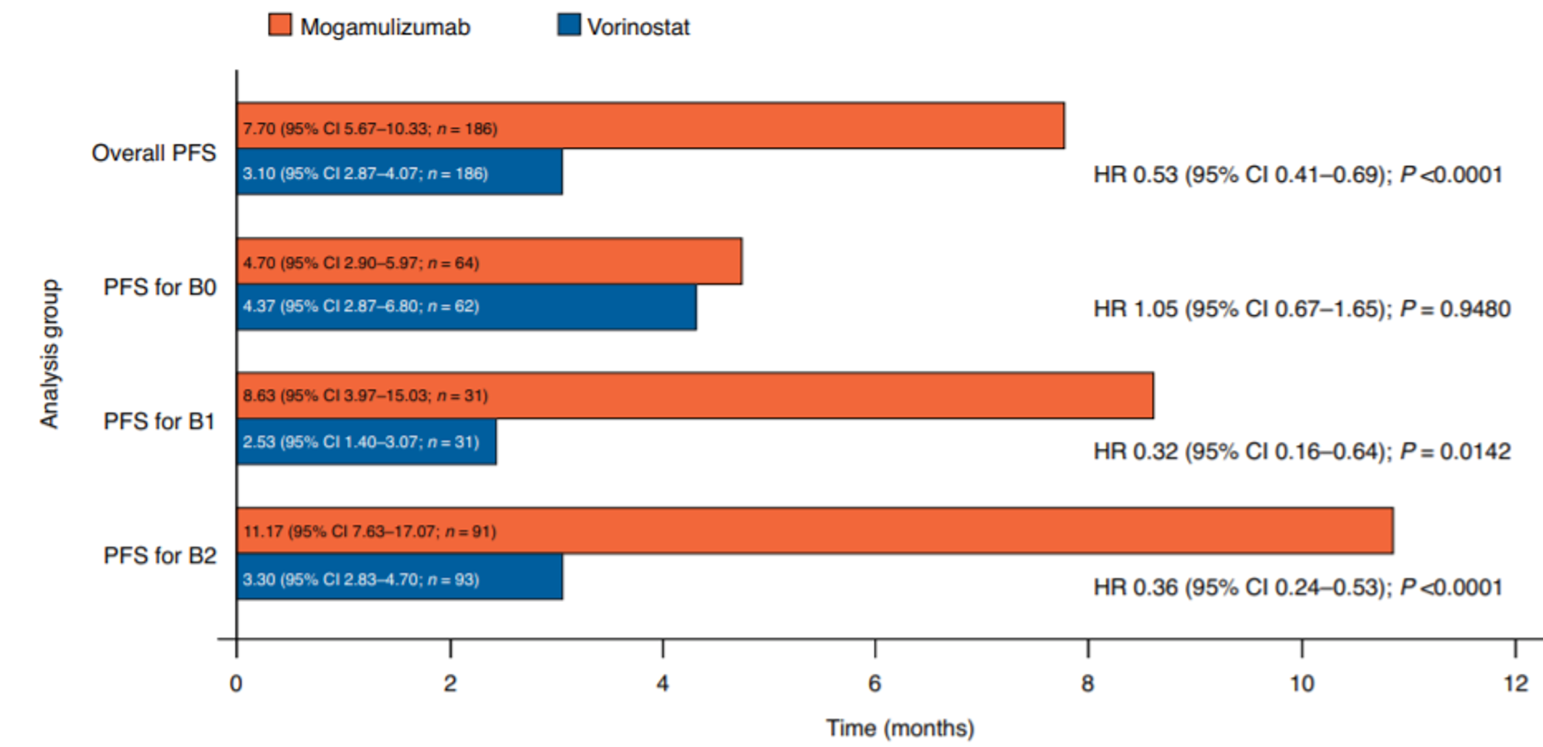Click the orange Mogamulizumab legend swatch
[x=280, y=25]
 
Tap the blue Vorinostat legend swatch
[x=569, y=25]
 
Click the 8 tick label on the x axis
[x=1087, y=683]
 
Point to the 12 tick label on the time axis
[x=1515, y=683]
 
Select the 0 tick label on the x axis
[x=236, y=683]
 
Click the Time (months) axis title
[x=900, y=727]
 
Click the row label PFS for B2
[x=159, y=556]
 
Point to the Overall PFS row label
[x=154, y=153]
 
